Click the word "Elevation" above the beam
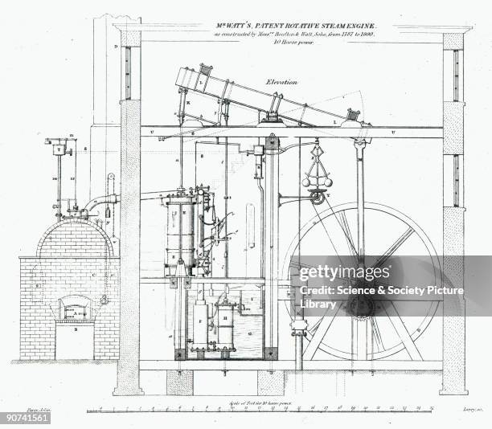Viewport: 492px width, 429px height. (x=282, y=81)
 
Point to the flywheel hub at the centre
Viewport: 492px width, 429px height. (x=361, y=305)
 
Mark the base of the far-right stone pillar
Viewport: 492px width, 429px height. (x=454, y=390)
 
